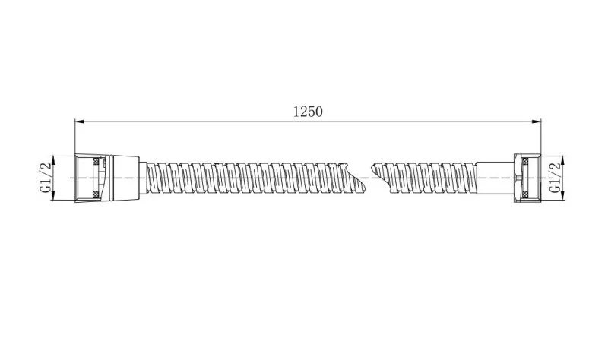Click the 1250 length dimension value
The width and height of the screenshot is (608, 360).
pyautogui.click(x=308, y=112)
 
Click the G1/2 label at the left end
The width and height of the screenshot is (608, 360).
pyautogui.click(x=46, y=178)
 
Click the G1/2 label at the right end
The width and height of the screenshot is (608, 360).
pyautogui.click(x=555, y=178)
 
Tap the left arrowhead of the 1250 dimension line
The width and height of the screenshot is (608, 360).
pyautogui.click(x=79, y=122)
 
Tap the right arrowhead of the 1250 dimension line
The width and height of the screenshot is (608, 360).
pyautogui.click(x=537, y=122)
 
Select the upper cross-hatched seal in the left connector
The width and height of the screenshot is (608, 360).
pyautogui.click(x=95, y=161)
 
